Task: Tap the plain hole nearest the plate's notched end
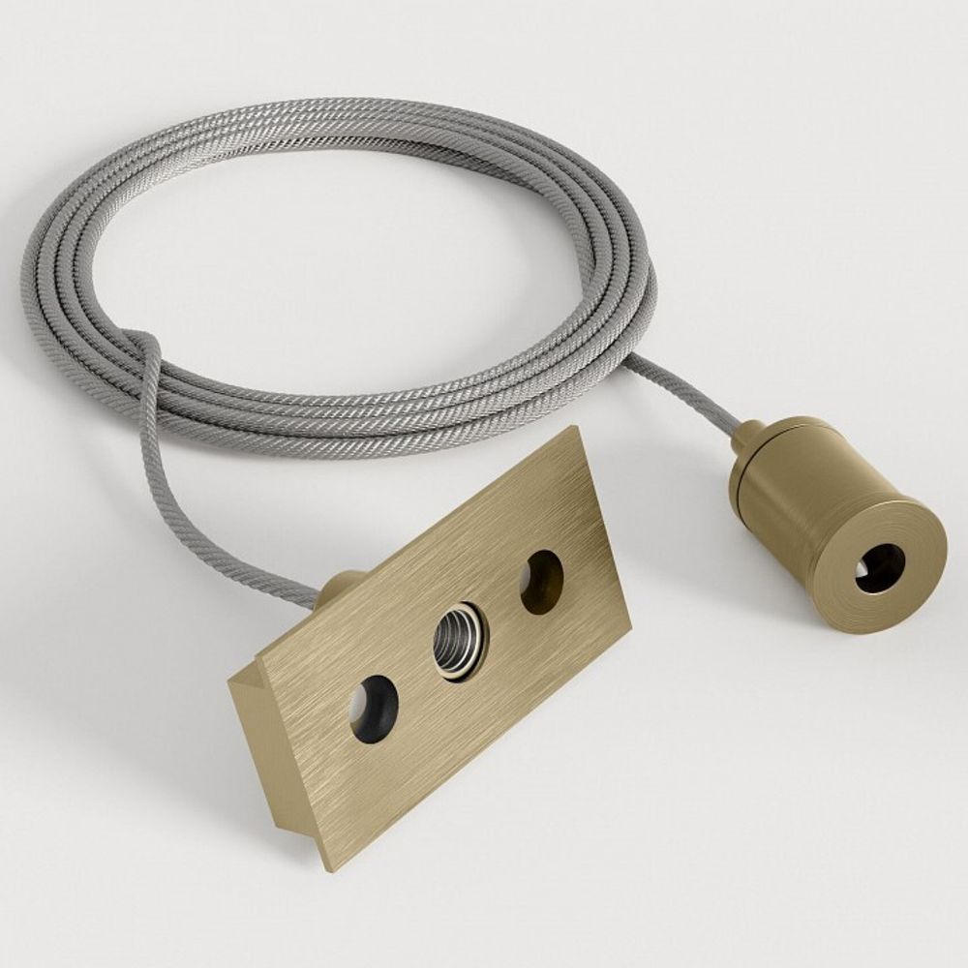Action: [374, 709]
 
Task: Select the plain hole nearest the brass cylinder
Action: [542, 582]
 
